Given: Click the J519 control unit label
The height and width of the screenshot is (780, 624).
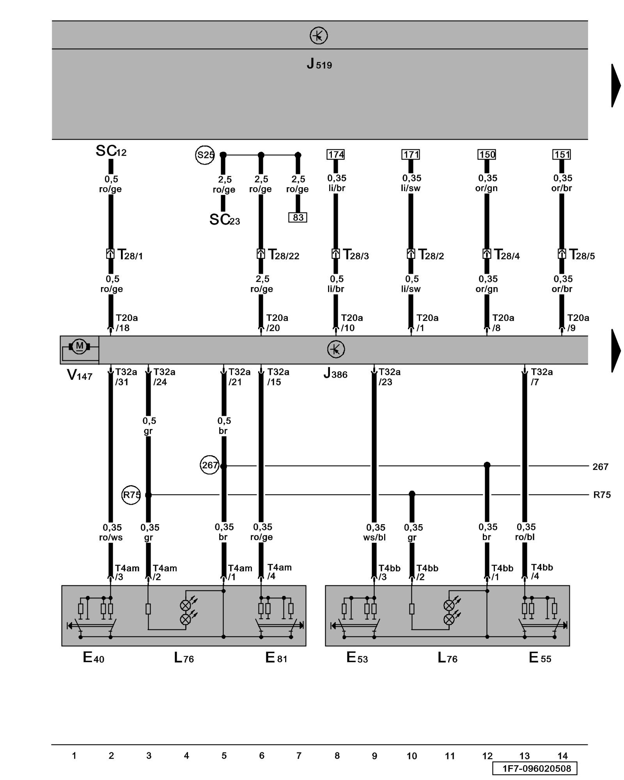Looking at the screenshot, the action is click(319, 64).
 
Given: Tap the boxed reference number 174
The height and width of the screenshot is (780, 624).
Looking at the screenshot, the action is click(336, 155).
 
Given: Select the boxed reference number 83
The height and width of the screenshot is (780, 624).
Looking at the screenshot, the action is click(298, 217).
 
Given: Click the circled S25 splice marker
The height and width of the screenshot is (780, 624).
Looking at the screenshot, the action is click(205, 155).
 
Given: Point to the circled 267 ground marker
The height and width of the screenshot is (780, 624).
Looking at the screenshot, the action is click(209, 465).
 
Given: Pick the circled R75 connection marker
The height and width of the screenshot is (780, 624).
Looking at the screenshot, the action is click(131, 495).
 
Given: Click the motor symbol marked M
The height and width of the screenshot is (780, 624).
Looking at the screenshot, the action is click(80, 346).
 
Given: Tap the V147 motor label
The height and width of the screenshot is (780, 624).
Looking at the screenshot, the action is click(80, 375).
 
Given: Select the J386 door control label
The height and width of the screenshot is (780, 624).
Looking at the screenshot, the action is click(335, 374).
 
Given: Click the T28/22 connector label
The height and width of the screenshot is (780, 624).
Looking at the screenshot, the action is click(284, 255).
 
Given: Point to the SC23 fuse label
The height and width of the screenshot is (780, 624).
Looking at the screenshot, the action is click(225, 220).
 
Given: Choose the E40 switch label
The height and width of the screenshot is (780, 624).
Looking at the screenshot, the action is click(94, 658).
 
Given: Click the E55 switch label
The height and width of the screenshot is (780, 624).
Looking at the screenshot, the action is click(540, 658).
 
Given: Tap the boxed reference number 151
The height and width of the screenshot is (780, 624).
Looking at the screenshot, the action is click(562, 155).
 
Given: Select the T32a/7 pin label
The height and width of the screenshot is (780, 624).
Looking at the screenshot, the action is click(541, 377).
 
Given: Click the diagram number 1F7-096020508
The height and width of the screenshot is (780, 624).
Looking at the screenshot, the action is click(534, 768).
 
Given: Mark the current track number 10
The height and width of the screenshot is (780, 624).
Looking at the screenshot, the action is click(412, 756).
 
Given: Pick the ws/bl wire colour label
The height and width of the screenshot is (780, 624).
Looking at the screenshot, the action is click(374, 537).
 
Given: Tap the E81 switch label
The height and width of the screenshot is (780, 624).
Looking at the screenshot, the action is click(276, 658).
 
